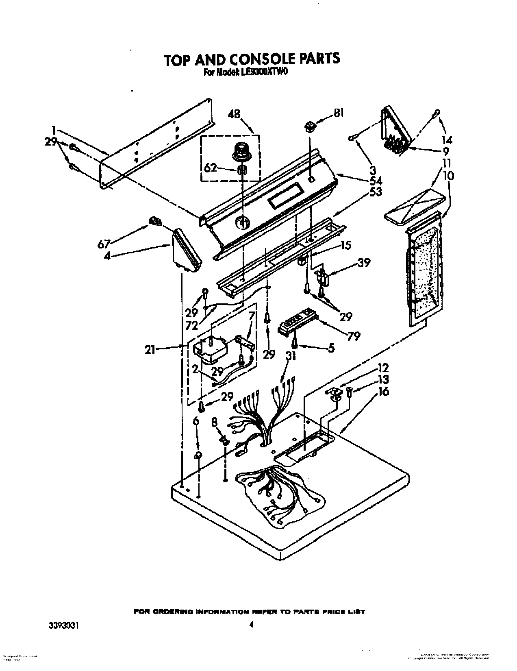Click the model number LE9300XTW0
point(263,72)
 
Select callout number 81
point(338,113)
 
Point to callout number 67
point(104,244)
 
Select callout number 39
point(364,263)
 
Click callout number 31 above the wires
point(290,356)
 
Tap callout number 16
point(383,391)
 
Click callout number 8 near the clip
point(215,423)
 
